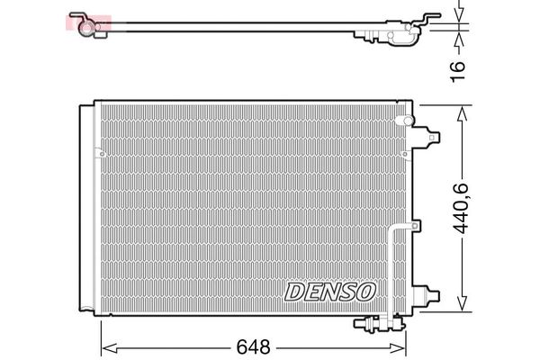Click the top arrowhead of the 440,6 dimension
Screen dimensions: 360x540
(462, 110)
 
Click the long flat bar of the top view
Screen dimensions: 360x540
(234, 30)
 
